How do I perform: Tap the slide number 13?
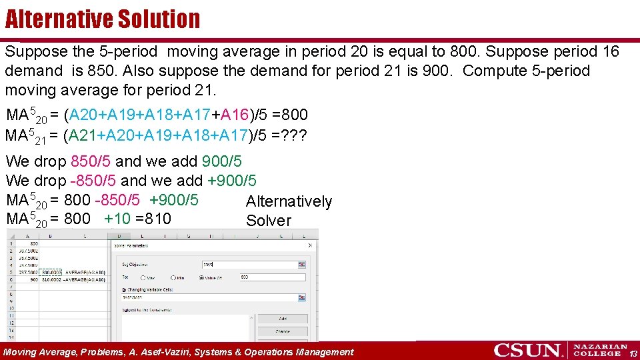click(633, 353)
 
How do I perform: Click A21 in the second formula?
click(83, 135)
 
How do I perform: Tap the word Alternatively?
click(289, 201)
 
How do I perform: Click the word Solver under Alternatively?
click(269, 221)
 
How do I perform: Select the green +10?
click(119, 219)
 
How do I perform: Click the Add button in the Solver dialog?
click(282, 319)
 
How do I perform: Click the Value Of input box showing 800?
click(267, 277)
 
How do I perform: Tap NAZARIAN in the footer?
click(601, 347)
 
